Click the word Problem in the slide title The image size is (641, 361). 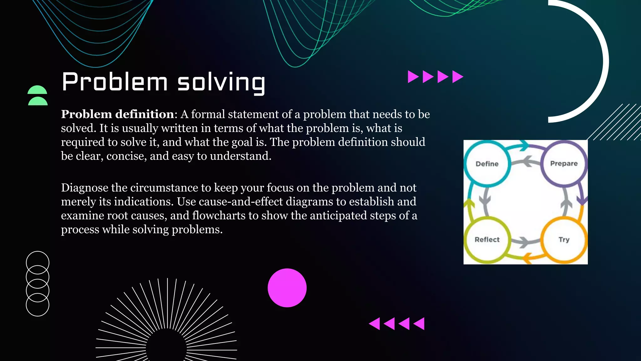click(x=115, y=82)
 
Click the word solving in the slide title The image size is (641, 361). click(x=221, y=82)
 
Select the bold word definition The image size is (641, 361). click(x=145, y=114)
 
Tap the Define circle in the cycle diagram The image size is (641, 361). click(x=487, y=164)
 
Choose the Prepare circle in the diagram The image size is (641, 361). click(x=564, y=164)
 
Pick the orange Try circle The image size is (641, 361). click(x=564, y=240)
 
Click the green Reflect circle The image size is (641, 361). click(x=487, y=240)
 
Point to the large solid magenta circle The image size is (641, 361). click(x=287, y=288)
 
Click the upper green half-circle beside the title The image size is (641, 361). click(x=37, y=90)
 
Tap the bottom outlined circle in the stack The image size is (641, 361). click(x=38, y=305)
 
